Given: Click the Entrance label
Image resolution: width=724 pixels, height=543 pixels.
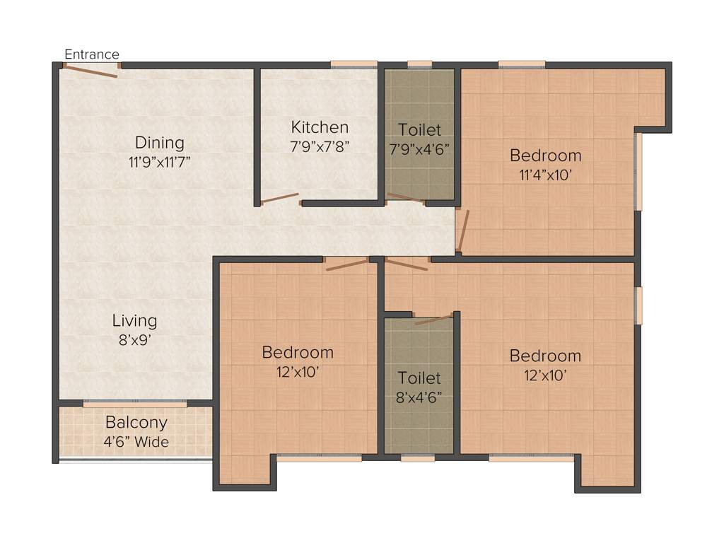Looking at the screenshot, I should tap(92, 54).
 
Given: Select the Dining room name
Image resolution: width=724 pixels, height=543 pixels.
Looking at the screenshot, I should tap(160, 143).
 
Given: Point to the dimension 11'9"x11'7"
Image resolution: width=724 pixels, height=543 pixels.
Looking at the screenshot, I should tap(160, 161).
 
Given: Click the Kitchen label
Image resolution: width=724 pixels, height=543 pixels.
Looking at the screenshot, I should tap(320, 127).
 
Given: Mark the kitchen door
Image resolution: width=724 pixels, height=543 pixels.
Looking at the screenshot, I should tap(280, 198).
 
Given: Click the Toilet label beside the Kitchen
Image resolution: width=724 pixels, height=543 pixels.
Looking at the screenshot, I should tap(419, 130).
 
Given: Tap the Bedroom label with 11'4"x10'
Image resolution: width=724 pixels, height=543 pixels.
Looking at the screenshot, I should tap(546, 155).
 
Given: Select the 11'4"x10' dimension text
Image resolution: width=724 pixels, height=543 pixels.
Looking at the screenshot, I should tap(546, 174).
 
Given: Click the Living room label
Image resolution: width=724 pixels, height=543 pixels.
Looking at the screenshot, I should tap(134, 320).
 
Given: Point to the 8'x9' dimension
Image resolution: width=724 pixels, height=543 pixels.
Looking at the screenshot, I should tap(134, 339).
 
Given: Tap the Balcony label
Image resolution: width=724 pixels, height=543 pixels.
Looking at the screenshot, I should tap(136, 423).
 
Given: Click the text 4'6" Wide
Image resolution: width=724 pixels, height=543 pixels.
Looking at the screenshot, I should tap(136, 442).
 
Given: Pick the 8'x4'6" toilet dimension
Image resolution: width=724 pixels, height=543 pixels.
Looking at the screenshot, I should tap(419, 397).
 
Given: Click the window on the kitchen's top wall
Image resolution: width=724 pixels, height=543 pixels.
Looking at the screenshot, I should tap(354, 65).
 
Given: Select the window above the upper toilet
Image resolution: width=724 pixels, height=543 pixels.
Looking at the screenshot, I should tap(419, 65).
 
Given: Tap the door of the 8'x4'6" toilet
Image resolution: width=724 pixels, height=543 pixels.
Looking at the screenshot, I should tap(433, 320).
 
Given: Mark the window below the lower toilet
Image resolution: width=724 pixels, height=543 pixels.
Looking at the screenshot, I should tap(417, 458).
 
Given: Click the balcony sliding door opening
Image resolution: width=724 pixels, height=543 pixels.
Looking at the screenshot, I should tap(135, 404).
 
